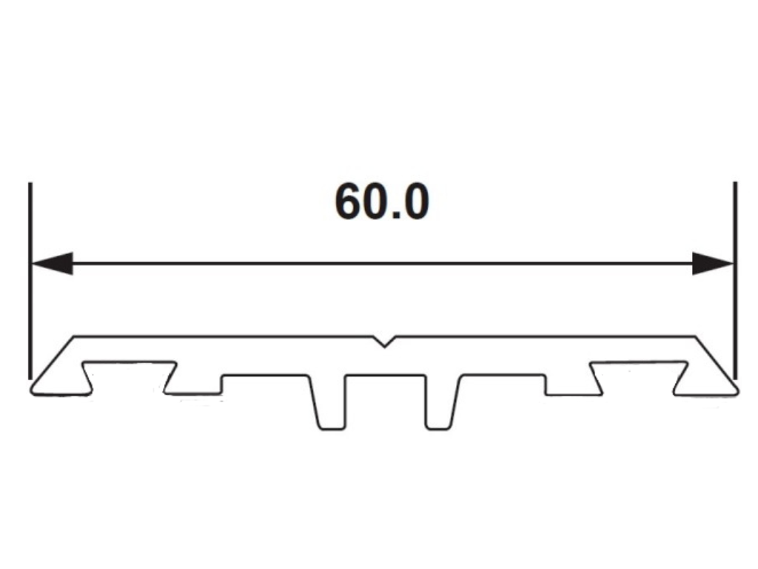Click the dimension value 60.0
(381, 202)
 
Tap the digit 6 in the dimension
(349, 202)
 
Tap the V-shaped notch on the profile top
(383, 342)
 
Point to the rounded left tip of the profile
(35, 387)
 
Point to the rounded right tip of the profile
(733, 387)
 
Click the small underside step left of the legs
(221, 385)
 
